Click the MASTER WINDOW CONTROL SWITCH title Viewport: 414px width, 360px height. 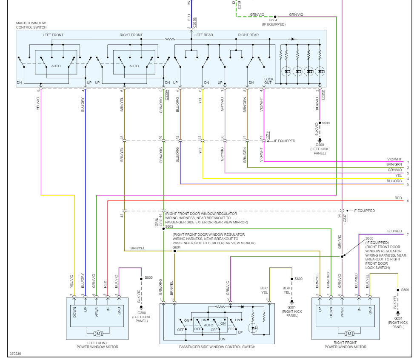pyautogui.click(x=31, y=25)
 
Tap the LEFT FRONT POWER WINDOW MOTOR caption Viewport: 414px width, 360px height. pyautogui.click(x=97, y=345)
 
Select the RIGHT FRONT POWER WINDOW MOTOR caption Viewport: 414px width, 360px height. pyautogui.click(x=345, y=345)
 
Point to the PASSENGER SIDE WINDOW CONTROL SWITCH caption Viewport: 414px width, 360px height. pyautogui.click(x=217, y=347)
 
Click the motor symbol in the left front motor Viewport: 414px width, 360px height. pyautogui.click(x=97, y=333)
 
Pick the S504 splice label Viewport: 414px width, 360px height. pyautogui.click(x=274, y=20)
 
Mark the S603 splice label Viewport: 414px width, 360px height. pyautogui.click(x=169, y=226)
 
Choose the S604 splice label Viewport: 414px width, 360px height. pyautogui.click(x=177, y=247)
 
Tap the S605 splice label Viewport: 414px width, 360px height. pyautogui.click(x=369, y=238)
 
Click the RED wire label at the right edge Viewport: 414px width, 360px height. pyautogui.click(x=398, y=198)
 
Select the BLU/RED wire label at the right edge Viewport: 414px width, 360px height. pyautogui.click(x=394, y=231)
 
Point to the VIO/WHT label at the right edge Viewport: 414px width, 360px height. pyautogui.click(x=394, y=159)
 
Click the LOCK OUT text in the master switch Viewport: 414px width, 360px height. pyautogui.click(x=269, y=81)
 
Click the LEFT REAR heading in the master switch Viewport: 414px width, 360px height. pyautogui.click(x=204, y=35)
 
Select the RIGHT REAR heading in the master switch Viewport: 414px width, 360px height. pyautogui.click(x=248, y=35)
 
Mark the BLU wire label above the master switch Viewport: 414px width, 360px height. pyautogui.click(x=189, y=19)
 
